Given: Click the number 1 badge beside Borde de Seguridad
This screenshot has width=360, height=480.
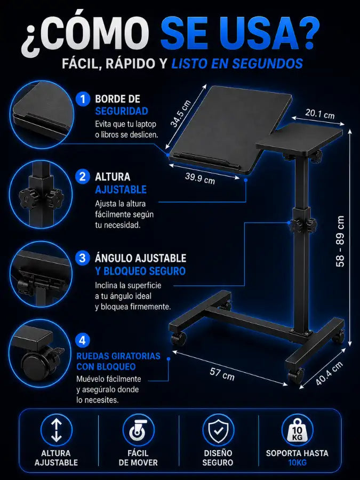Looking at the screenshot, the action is click(x=82, y=99).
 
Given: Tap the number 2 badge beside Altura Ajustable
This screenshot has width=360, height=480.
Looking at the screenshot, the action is click(x=82, y=177).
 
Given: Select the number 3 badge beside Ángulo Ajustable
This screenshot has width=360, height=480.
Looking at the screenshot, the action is click(x=82, y=258).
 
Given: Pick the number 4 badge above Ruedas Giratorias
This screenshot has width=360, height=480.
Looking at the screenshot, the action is click(x=82, y=340).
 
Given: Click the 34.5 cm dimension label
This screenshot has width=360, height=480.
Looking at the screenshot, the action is click(x=181, y=114).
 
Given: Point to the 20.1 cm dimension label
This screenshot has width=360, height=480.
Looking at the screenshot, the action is click(x=319, y=114).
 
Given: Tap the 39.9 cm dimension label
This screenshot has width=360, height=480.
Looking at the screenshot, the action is click(x=200, y=179).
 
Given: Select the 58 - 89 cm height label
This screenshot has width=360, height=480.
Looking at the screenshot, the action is click(x=340, y=242).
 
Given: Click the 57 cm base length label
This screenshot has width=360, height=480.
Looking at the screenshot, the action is click(x=222, y=374).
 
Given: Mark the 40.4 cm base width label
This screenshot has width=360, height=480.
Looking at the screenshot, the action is click(x=329, y=373).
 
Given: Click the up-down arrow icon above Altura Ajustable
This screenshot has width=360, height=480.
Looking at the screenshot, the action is click(x=57, y=430).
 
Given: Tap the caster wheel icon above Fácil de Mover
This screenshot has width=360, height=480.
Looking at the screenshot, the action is click(x=138, y=430).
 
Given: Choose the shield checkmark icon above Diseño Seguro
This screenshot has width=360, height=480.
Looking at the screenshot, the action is click(x=218, y=430).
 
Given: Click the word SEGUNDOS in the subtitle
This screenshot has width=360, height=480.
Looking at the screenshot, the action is click(x=267, y=63).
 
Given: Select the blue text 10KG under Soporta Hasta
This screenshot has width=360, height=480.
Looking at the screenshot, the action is click(x=297, y=462).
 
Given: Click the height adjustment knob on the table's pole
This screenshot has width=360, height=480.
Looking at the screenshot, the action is click(x=302, y=226).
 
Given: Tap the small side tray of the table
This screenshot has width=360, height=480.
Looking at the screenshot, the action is click(x=299, y=137).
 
